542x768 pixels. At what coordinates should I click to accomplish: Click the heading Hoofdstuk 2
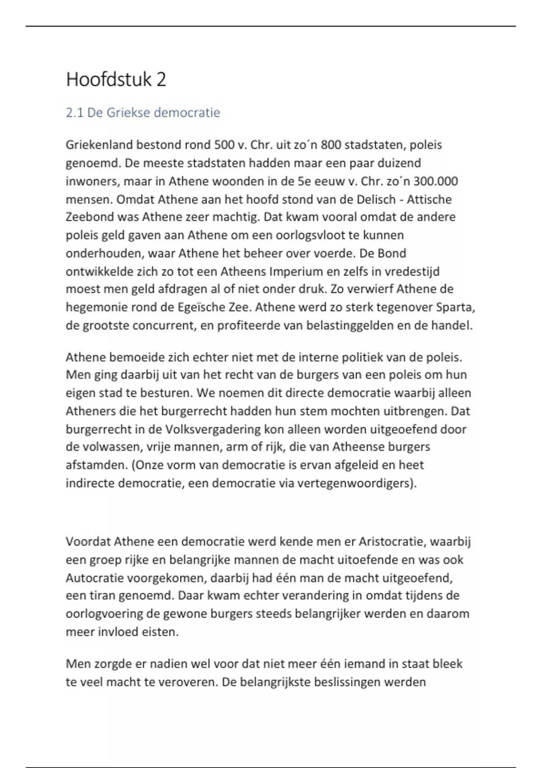click(116, 80)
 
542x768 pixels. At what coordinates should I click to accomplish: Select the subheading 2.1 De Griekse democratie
click(143, 112)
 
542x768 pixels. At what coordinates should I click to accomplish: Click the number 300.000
click(435, 181)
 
